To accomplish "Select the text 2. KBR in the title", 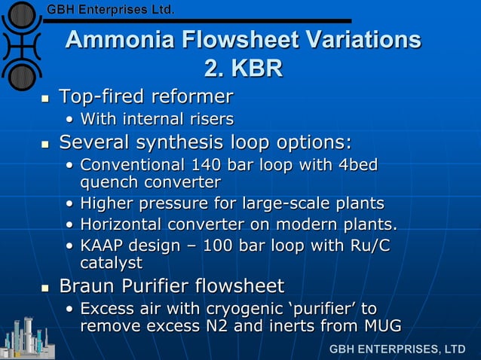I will click(x=243, y=69).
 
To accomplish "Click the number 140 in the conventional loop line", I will click(x=207, y=165).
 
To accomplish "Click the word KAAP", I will click(x=102, y=246).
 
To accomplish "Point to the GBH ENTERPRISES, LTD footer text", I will click(x=397, y=349).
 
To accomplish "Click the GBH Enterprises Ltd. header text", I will click(x=111, y=10).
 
